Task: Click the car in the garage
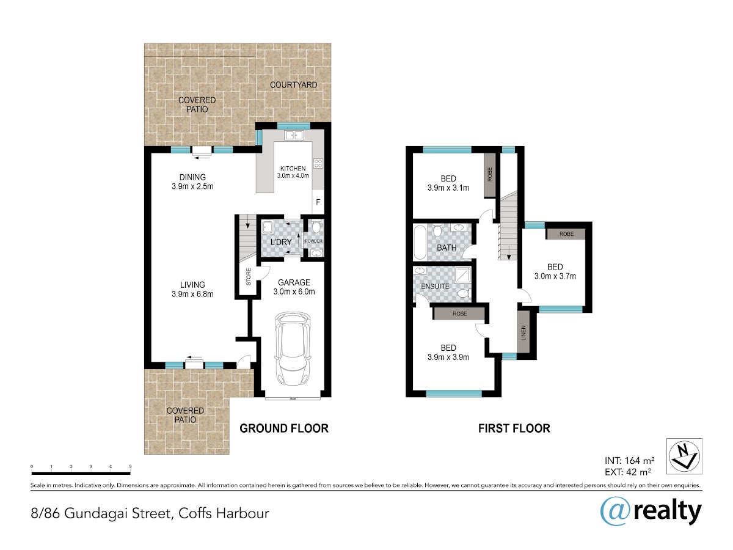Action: click(292, 349)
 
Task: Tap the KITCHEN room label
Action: click(293, 169)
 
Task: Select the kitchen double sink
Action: click(294, 135)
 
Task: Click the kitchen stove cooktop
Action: click(318, 164)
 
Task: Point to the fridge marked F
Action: click(318, 202)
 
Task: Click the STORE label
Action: click(249, 277)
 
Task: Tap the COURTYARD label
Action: click(293, 85)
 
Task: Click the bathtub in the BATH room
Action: click(420, 242)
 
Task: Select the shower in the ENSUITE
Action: click(463, 274)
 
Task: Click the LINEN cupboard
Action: click(523, 332)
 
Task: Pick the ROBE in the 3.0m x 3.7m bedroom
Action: click(566, 234)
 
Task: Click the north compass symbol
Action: click(684, 457)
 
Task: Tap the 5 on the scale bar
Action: click(130, 466)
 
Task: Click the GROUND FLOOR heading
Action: click(284, 428)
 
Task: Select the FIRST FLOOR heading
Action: click(514, 428)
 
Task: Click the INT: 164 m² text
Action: click(630, 461)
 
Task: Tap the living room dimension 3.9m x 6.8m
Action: click(192, 294)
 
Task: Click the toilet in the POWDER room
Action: click(316, 227)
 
